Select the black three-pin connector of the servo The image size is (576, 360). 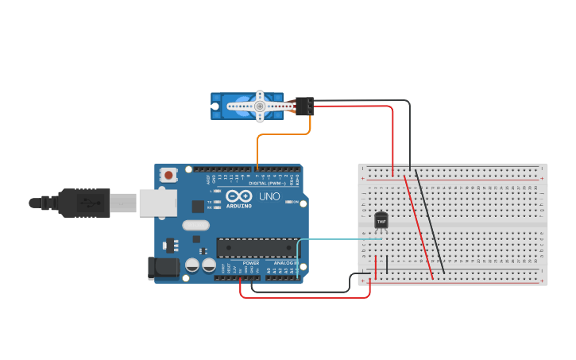[x=304, y=106]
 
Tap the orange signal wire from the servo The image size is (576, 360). [x=270, y=135]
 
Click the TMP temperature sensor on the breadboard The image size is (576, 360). [x=381, y=220]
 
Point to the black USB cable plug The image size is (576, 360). [x=83, y=203]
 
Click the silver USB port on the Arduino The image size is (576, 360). [x=157, y=203]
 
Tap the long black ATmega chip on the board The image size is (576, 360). [x=257, y=248]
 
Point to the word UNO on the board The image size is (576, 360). [x=269, y=196]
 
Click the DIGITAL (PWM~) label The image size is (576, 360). [x=267, y=183]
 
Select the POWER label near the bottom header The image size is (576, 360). [x=251, y=263]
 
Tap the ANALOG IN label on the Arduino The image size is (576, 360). [x=284, y=263]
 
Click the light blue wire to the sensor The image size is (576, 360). [x=334, y=238]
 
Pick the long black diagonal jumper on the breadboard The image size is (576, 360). [x=430, y=223]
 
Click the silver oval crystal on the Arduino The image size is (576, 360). [x=195, y=225]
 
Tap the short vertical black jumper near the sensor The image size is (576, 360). [x=387, y=264]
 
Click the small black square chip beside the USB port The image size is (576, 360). [x=198, y=206]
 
